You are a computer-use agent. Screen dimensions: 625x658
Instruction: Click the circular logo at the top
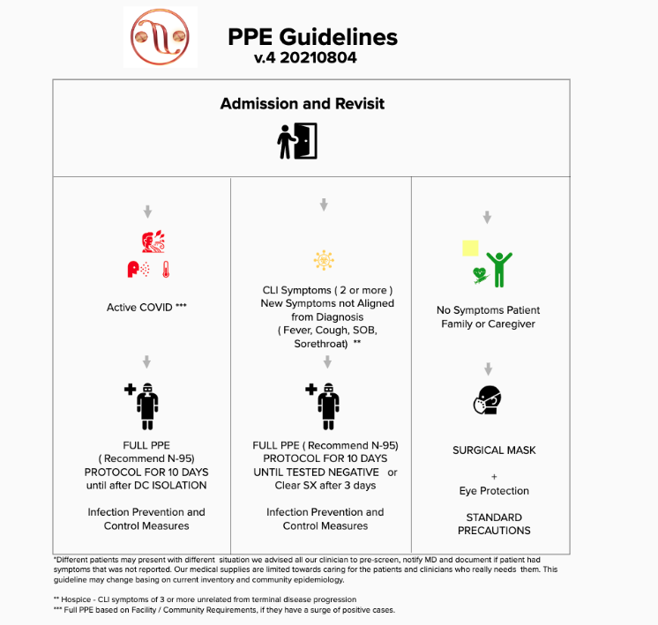(160, 37)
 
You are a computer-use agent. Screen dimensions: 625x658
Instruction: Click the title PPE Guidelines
(312, 37)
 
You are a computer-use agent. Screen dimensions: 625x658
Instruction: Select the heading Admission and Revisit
(303, 104)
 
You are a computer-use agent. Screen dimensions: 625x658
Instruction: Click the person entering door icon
(297, 141)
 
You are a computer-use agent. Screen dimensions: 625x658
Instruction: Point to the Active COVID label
(146, 308)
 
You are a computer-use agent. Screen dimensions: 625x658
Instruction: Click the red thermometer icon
(163, 269)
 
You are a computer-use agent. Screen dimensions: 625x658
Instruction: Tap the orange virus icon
(324, 261)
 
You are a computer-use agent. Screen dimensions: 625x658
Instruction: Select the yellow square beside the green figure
(470, 249)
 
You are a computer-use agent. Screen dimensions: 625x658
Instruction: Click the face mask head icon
(486, 400)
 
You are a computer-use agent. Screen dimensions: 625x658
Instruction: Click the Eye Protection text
(494, 491)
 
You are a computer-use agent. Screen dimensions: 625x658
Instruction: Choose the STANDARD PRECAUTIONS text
(494, 524)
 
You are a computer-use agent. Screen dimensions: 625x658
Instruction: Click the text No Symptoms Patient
(489, 310)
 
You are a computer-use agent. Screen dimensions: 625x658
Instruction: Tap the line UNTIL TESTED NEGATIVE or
(325, 472)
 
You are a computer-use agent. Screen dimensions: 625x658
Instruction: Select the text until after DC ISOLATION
(146, 486)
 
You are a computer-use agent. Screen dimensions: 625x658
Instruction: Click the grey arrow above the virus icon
(324, 205)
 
